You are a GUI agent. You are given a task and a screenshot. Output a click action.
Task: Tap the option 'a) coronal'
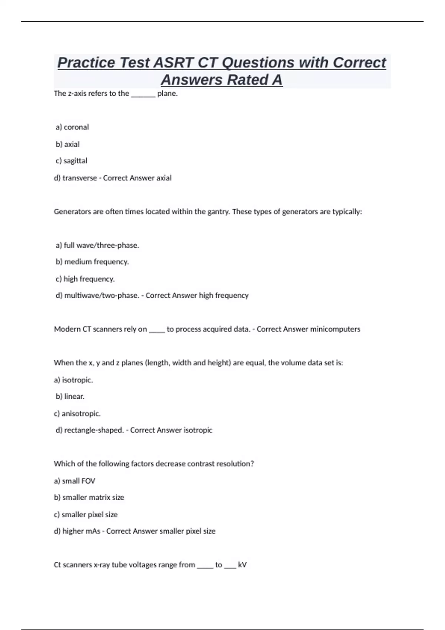(x=72, y=127)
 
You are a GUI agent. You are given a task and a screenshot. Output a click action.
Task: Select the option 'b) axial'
(x=67, y=144)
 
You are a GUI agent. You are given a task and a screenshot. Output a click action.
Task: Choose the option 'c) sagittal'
(x=72, y=161)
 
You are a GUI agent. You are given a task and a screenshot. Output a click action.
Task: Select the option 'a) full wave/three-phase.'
(x=97, y=245)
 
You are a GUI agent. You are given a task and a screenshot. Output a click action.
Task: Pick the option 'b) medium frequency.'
(x=92, y=262)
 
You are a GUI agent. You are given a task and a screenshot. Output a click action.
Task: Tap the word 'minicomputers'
(x=335, y=329)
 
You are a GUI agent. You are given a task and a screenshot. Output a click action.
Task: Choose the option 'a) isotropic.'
(x=73, y=380)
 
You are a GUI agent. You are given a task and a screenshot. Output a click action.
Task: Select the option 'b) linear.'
(x=70, y=397)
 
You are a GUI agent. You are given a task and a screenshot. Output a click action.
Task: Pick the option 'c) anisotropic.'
(x=77, y=414)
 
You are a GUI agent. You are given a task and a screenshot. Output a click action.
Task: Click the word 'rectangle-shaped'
(x=93, y=430)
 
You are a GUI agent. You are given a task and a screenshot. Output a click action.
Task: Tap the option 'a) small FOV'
(x=75, y=481)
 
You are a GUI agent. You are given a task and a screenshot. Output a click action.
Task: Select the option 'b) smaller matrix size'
(x=89, y=498)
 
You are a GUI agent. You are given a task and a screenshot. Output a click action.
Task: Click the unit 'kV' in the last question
(x=242, y=565)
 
